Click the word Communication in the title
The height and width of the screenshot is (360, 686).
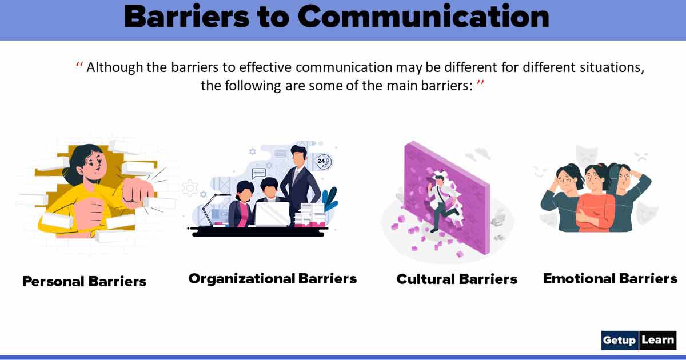423,17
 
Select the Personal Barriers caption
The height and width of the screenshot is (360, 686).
84,281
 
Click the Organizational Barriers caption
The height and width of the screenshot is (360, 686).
272,278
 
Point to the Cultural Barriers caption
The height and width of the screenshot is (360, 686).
457,279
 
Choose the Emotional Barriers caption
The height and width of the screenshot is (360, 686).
610,278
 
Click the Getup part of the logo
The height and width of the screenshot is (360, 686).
619,340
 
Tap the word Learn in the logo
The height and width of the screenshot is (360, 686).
657,340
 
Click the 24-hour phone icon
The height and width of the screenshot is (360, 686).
324,162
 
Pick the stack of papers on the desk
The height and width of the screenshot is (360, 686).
312,215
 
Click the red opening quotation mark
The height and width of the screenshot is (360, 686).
79,67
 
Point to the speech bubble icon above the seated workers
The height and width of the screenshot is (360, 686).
258,172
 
